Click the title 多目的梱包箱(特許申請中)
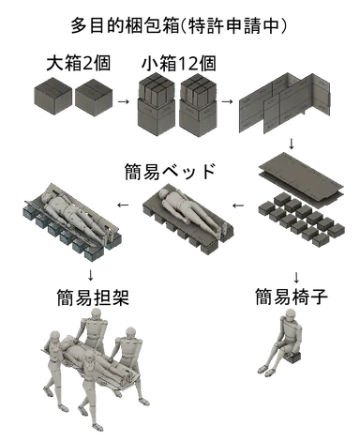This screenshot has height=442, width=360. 178,25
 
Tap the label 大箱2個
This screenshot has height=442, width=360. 79,63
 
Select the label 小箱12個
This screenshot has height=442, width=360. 179,63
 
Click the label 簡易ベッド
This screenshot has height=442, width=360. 171,171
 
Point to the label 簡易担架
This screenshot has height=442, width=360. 93,297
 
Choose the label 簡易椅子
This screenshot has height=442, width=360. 292,297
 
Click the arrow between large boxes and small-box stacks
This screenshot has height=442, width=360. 124,101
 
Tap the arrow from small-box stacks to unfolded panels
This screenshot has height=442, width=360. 227,101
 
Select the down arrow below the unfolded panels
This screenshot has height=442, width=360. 292,144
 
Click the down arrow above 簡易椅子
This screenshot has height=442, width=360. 296,277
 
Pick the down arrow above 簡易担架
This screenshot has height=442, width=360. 90,275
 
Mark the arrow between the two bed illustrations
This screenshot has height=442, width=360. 124,206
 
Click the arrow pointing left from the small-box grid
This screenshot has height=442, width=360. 238,206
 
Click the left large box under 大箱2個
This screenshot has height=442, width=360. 52,97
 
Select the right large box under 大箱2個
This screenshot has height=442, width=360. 94,97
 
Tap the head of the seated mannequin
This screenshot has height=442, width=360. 290,315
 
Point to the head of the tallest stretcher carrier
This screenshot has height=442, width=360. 96,314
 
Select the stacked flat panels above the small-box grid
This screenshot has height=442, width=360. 301,180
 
